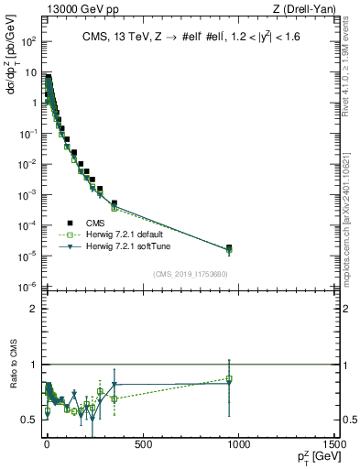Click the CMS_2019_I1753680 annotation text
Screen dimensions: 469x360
(191, 274)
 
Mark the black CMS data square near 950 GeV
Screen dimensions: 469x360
(229, 247)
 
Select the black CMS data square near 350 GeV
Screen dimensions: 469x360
(115, 202)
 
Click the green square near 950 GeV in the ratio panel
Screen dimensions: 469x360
(229, 378)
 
